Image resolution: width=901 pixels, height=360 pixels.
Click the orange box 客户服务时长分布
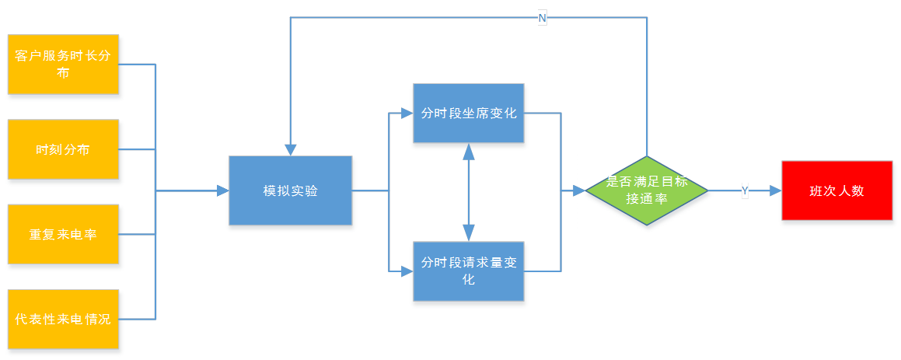(x=64, y=65)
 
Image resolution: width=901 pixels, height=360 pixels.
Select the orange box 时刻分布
(x=64, y=150)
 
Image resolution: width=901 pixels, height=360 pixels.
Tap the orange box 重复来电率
(x=64, y=235)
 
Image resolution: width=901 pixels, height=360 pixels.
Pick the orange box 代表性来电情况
(x=64, y=320)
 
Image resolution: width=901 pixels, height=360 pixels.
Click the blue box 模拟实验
(x=291, y=191)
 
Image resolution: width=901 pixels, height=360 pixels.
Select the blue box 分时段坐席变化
(x=469, y=114)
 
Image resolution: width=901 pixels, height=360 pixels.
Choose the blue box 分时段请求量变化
(x=469, y=271)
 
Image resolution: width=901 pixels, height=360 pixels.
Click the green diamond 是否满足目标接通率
(x=647, y=190)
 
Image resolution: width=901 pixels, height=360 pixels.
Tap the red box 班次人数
(x=836, y=191)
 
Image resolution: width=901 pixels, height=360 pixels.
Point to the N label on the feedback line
(x=542, y=18)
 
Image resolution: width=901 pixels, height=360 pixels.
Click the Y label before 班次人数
(x=745, y=190)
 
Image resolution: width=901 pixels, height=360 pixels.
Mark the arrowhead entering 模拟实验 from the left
(x=222, y=190)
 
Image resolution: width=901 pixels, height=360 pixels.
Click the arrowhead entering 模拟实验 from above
(x=291, y=149)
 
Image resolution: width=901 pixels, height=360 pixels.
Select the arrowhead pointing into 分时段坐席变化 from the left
(x=407, y=114)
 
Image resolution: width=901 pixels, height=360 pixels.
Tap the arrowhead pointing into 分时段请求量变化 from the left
(x=407, y=271)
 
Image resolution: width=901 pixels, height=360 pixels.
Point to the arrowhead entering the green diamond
(x=578, y=190)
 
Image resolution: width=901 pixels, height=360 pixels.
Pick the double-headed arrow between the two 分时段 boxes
(x=469, y=192)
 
